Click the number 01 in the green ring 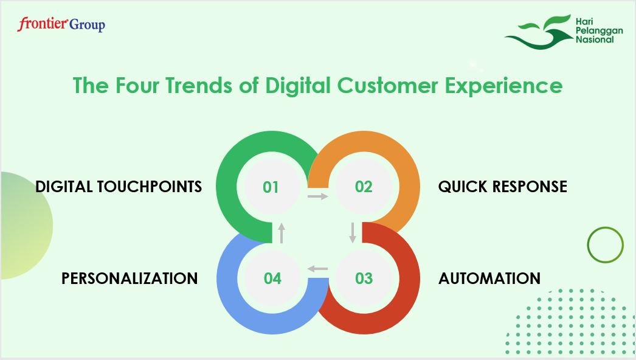(x=271, y=187)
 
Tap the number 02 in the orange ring (x=364, y=187)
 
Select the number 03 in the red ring (x=364, y=279)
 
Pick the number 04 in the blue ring (x=272, y=279)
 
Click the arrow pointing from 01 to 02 (x=317, y=196)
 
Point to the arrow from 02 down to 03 (x=353, y=232)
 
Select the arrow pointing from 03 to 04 (x=317, y=269)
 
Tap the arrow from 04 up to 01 (x=282, y=233)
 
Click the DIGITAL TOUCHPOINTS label (x=119, y=187)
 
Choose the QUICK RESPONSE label (x=503, y=187)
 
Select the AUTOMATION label (x=489, y=279)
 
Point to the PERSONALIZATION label (x=130, y=279)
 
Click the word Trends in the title (x=198, y=86)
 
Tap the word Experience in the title (x=504, y=86)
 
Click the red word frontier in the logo (x=42, y=24)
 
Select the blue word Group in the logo (x=87, y=25)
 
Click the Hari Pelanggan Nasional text (x=599, y=30)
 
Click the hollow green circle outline (x=605, y=227)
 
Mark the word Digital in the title (x=298, y=86)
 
